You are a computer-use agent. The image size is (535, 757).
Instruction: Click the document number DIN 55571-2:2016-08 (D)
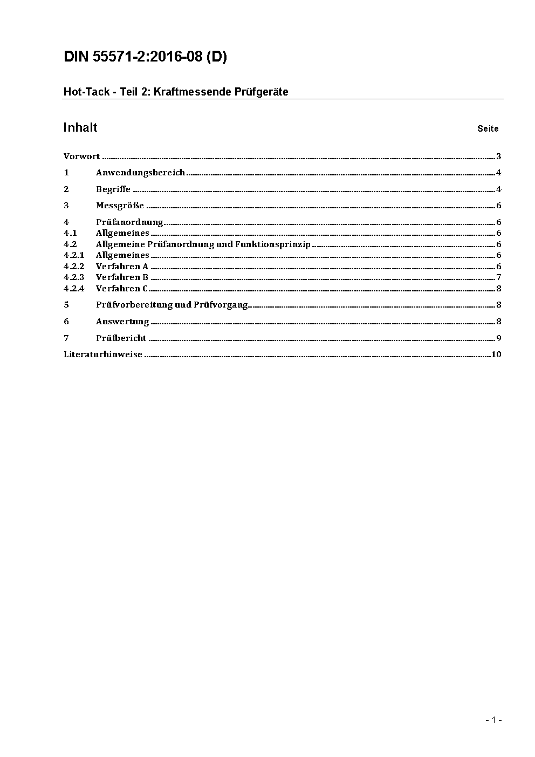tap(145, 57)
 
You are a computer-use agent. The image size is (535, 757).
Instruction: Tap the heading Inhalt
tap(80, 127)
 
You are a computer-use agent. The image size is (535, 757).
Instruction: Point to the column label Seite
tap(488, 128)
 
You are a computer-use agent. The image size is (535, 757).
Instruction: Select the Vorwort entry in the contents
tap(81, 156)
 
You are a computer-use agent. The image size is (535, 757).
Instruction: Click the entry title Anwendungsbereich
tap(140, 173)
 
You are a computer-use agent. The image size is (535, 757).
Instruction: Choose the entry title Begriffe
tap(113, 189)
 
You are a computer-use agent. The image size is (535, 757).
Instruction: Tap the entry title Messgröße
tap(120, 206)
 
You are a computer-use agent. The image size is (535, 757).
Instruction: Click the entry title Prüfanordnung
tap(129, 222)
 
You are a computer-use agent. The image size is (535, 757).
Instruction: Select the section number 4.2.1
tap(74, 255)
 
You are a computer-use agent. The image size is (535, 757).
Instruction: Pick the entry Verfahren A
tap(122, 267)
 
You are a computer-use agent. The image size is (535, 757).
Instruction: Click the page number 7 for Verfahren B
tap(499, 277)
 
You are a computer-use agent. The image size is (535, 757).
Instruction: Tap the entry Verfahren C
tap(122, 289)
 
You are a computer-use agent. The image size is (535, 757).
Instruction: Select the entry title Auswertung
tap(122, 322)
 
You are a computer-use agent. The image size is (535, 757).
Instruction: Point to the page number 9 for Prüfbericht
tap(499, 338)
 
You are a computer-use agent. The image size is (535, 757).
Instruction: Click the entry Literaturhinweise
tap(102, 354)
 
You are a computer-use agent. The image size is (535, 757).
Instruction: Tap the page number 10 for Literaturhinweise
tap(496, 354)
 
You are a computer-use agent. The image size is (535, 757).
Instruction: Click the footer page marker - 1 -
tap(493, 720)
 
